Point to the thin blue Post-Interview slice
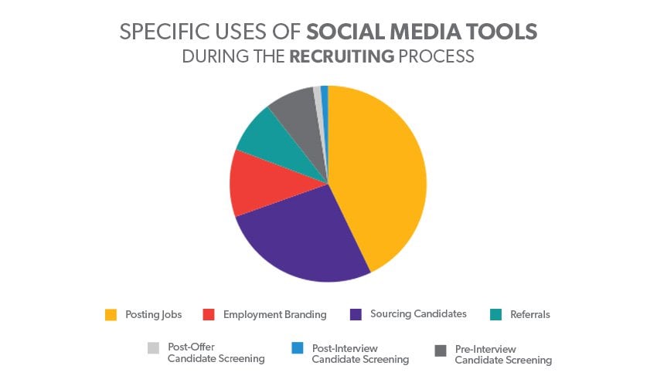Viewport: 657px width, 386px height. pyautogui.click(x=325, y=96)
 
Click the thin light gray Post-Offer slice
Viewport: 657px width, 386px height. pyautogui.click(x=318, y=96)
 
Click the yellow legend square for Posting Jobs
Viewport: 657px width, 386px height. pyautogui.click(x=110, y=315)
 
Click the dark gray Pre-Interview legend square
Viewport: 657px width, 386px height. pyautogui.click(x=440, y=350)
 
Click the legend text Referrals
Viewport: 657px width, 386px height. pyautogui.click(x=530, y=315)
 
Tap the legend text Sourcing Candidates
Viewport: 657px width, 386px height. pyautogui.click(x=418, y=314)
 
